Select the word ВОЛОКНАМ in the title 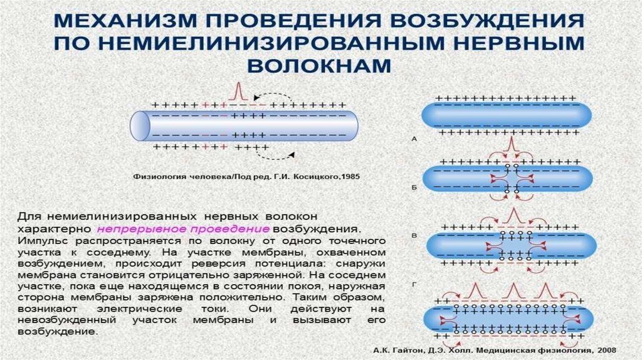pyautogui.click(x=320, y=66)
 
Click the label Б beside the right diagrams pyautogui.click(x=414, y=187)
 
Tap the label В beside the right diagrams pyautogui.click(x=414, y=235)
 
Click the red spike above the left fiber pyautogui.click(x=236, y=92)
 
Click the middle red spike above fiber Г pyautogui.click(x=512, y=290)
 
